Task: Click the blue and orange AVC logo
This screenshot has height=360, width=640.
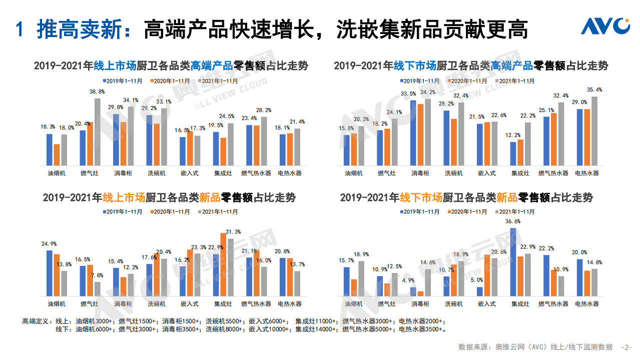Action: click(605, 27)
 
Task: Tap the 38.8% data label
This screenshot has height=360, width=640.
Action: click(97, 92)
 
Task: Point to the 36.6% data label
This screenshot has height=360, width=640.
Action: click(513, 221)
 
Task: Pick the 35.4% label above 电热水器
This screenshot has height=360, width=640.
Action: click(594, 90)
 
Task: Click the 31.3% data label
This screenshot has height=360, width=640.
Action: click(233, 232)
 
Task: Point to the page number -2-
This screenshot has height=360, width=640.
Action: click(626, 347)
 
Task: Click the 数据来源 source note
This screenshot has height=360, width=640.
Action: click(535, 347)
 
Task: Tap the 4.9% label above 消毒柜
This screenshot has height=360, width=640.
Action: click(413, 280)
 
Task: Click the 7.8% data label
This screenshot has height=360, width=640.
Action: click(97, 275)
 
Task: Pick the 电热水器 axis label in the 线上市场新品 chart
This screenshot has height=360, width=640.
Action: click(289, 304)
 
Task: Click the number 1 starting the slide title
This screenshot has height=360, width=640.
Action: click(20, 30)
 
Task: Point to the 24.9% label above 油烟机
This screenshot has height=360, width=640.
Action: click(49, 244)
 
